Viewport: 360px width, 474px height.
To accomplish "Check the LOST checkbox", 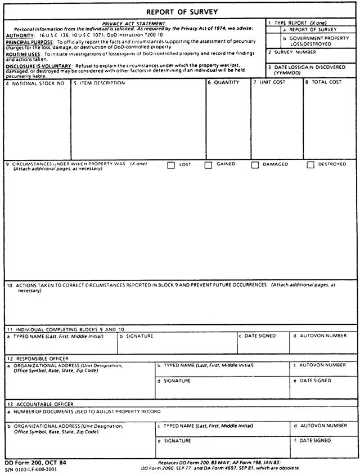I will [x=171, y=165].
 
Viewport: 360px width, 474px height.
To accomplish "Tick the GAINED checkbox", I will [x=208, y=165].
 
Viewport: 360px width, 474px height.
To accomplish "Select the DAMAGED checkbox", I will [x=255, y=165].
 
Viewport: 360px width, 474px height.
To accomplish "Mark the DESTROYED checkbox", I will [x=310, y=165].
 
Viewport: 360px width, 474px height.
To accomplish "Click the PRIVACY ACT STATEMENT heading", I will [x=134, y=24].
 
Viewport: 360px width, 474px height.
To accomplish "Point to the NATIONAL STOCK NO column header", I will [x=38, y=83].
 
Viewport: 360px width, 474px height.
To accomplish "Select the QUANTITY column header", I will [x=226, y=82].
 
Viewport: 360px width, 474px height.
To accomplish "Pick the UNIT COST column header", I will [x=272, y=82].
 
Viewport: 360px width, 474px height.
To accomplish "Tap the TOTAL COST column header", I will [x=325, y=82].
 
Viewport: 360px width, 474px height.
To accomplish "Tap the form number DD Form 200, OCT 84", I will [x=35, y=462].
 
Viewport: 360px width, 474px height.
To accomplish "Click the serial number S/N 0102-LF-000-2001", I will [x=34, y=468].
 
